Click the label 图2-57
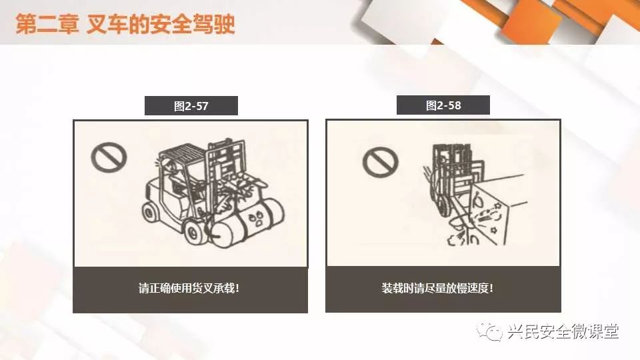pos(191,106)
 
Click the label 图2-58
pos(443,106)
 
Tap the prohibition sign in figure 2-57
pos(109,157)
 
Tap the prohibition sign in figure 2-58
pos(380,163)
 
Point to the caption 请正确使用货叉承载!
pos(189,288)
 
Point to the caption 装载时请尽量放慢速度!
pos(437,288)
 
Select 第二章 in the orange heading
pos(47,24)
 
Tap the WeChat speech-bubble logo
pos(489,331)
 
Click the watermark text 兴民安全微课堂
pos(563,331)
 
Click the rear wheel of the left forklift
pos(150,212)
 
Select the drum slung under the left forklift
pos(247,222)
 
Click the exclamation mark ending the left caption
pos(237,288)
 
